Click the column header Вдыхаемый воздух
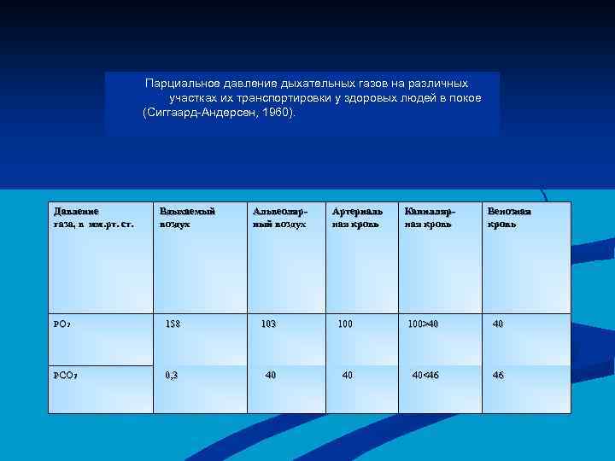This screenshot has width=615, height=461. (187, 217)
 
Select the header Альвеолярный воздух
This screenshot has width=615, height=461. (279, 217)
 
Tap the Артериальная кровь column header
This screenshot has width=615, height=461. (356, 217)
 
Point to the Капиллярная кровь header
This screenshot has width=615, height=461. (430, 217)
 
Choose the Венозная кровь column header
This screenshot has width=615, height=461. (509, 217)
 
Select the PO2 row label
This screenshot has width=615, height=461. (66, 324)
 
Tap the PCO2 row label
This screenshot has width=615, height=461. (67, 375)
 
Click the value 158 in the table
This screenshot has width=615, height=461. (173, 324)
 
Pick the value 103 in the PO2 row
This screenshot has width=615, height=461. (268, 324)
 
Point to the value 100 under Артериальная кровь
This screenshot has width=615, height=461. (344, 324)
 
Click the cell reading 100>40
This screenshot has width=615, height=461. (423, 324)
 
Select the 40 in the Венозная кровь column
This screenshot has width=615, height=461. (497, 324)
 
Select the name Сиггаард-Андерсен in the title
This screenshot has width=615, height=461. (201, 112)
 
